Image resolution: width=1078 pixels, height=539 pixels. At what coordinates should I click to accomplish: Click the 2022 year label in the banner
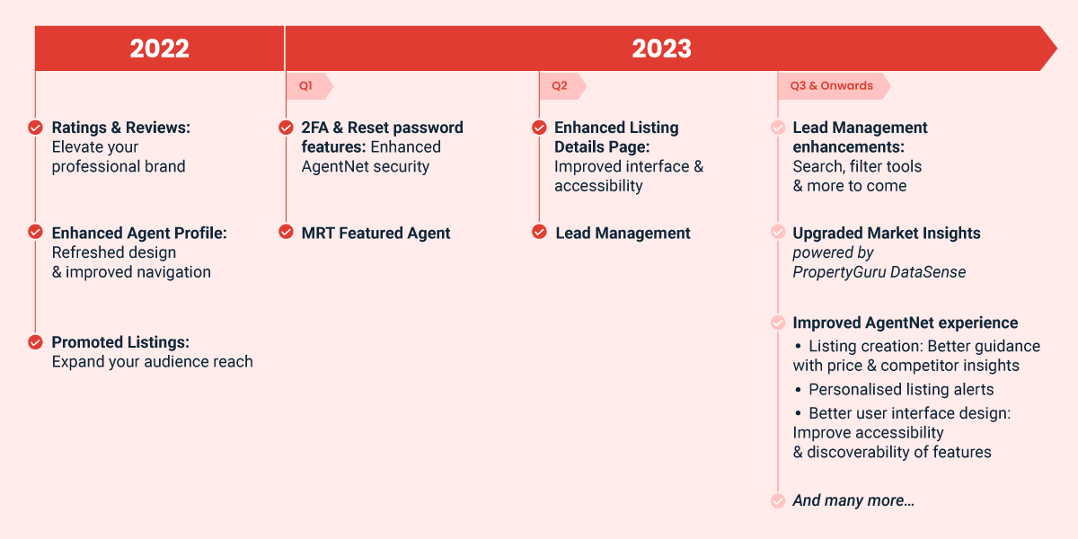tap(159, 49)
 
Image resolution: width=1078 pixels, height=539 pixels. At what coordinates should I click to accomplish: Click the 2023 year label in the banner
tap(662, 49)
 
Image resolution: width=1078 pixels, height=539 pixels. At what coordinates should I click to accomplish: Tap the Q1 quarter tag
tap(309, 86)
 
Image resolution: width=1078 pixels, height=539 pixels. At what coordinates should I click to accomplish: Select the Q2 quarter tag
tap(562, 86)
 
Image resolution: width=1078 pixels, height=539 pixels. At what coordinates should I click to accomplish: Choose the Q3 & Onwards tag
tap(834, 86)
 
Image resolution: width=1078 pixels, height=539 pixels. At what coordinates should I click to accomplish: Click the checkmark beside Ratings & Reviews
tap(35, 128)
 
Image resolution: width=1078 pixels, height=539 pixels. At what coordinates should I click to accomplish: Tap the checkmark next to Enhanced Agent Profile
tap(35, 232)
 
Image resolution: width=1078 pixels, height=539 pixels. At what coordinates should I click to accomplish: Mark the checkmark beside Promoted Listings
tap(35, 342)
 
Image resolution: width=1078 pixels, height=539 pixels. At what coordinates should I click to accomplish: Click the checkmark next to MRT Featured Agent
tap(286, 232)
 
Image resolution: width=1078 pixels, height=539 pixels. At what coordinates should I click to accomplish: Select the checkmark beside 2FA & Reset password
tap(286, 128)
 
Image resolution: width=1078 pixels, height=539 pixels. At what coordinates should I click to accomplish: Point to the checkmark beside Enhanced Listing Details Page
tap(539, 128)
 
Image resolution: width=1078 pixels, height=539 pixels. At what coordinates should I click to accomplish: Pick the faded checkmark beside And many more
tap(778, 500)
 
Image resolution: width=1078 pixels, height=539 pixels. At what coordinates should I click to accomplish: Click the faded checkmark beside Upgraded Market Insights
tap(778, 232)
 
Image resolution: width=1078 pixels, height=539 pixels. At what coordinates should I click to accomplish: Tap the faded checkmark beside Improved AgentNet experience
tap(778, 322)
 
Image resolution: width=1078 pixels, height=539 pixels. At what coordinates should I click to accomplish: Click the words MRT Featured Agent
tap(376, 234)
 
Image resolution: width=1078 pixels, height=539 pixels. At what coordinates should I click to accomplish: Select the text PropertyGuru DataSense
tap(879, 272)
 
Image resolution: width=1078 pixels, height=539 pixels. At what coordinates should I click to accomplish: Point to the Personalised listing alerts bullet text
tap(901, 389)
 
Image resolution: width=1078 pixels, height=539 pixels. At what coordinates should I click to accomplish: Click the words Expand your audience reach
tap(152, 362)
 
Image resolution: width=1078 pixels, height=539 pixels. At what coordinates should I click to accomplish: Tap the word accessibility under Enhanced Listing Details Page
tap(598, 186)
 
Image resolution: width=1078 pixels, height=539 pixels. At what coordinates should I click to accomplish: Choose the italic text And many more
tap(853, 500)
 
